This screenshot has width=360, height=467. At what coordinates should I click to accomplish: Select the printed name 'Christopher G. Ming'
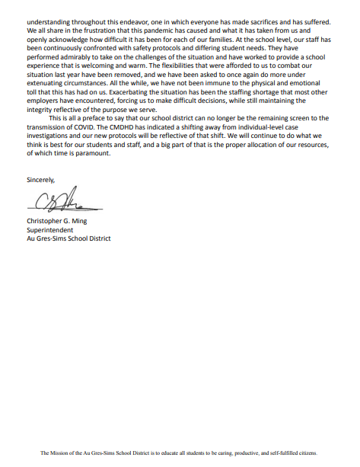62,222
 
